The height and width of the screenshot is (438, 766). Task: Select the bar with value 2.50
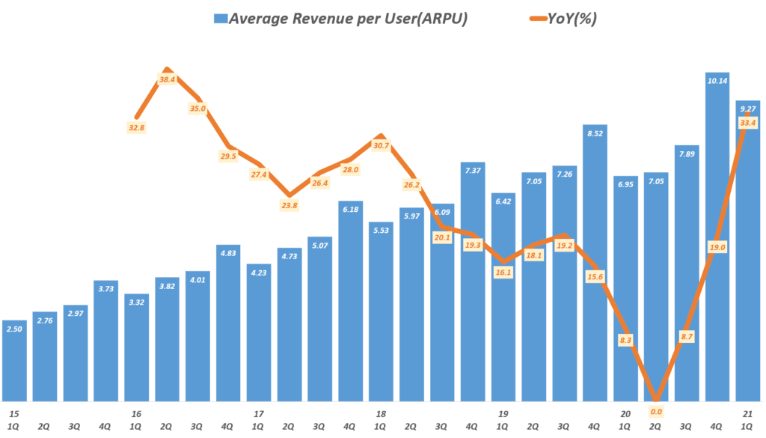pyautogui.click(x=15, y=363)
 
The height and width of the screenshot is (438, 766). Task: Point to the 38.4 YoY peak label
pyautogui.click(x=168, y=79)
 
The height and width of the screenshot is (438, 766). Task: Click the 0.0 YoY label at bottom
pyautogui.click(x=656, y=411)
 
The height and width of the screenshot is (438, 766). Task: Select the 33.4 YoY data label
pyautogui.click(x=747, y=122)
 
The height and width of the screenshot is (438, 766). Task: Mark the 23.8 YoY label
pyautogui.click(x=289, y=204)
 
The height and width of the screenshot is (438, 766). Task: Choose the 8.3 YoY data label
pyautogui.click(x=625, y=340)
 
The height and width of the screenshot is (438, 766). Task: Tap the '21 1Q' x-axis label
pyautogui.click(x=747, y=419)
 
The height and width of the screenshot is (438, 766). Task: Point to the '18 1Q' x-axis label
pyautogui.click(x=380, y=419)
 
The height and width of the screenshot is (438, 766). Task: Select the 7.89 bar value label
pyautogui.click(x=686, y=154)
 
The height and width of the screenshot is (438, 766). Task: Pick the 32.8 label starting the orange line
pyautogui.click(x=137, y=127)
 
